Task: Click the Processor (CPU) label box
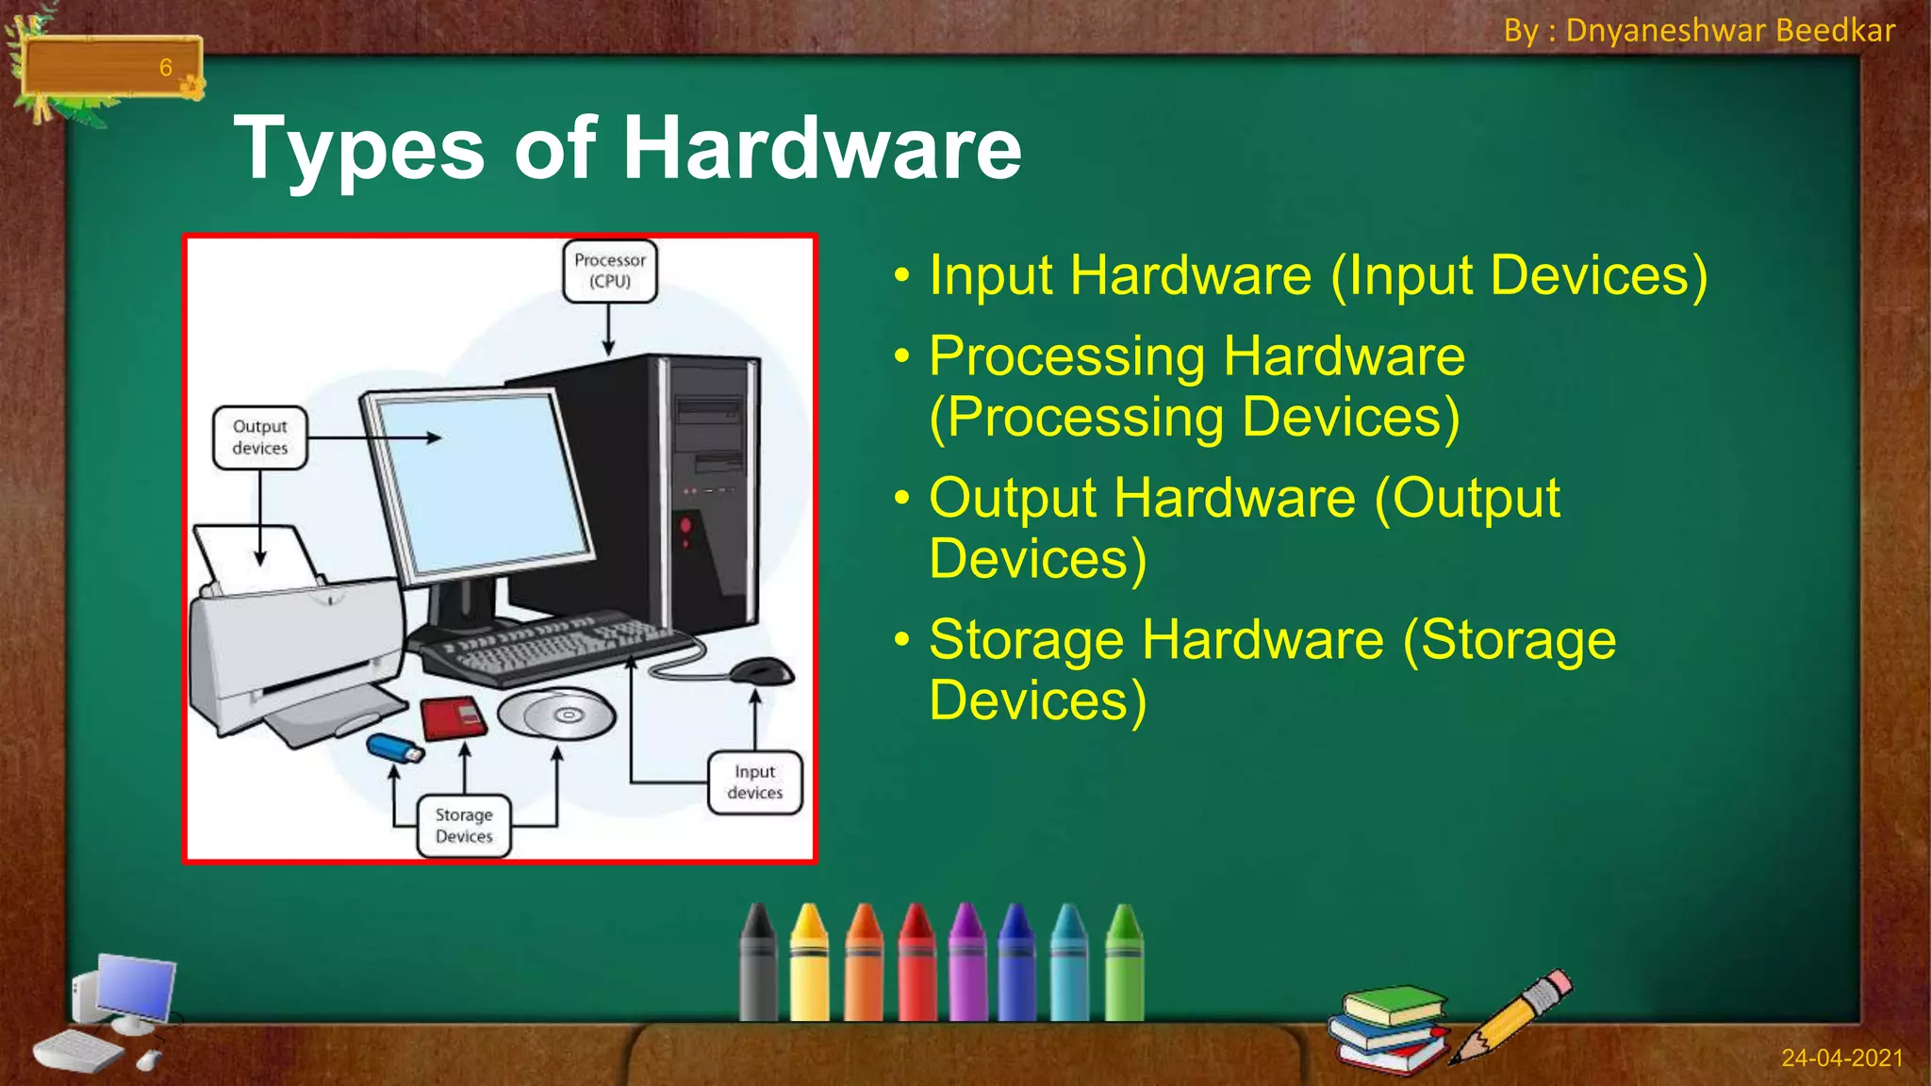click(x=610, y=271)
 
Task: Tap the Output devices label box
click(x=260, y=437)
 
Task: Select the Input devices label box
click(x=755, y=782)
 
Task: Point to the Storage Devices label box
click(x=464, y=826)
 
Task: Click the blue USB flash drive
click(x=394, y=749)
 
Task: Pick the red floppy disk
click(x=453, y=718)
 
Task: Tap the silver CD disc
click(x=556, y=714)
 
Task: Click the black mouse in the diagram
click(x=762, y=671)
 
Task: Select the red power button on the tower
click(x=685, y=524)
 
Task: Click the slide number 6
click(x=166, y=68)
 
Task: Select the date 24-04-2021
click(x=1841, y=1058)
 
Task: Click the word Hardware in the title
click(x=821, y=148)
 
